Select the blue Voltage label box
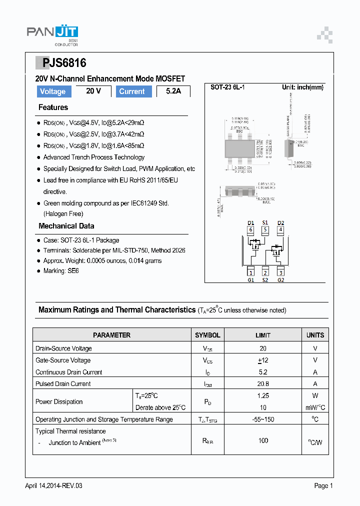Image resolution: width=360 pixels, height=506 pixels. pos(52,91)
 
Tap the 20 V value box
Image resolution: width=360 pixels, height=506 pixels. pos(93,91)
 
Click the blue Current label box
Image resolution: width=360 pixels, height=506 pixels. pos(132,91)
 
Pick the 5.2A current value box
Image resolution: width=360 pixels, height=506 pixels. pos(173,91)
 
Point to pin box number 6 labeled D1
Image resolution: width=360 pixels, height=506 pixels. pos(251,230)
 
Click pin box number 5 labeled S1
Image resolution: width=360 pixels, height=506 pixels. pos(265,230)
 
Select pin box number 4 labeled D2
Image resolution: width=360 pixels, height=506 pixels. pos(280,230)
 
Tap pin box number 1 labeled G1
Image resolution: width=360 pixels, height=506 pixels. pos(251,272)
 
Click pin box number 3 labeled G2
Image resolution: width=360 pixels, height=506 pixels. pos(280,272)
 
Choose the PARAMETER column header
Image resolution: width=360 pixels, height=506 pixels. pos(112,335)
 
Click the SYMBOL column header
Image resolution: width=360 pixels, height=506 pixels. pos(207,335)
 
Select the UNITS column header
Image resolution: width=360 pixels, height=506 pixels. pos(315,335)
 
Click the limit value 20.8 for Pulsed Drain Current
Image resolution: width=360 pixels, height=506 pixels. pos(263,384)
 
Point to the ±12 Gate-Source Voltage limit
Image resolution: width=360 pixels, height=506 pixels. pos(263,360)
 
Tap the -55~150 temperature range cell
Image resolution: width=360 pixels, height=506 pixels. pos(263,419)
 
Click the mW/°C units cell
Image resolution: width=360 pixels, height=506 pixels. pos(315,407)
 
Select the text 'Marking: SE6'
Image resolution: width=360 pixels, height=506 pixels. pos(61,271)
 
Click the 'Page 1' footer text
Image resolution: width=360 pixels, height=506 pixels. pos(323,485)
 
